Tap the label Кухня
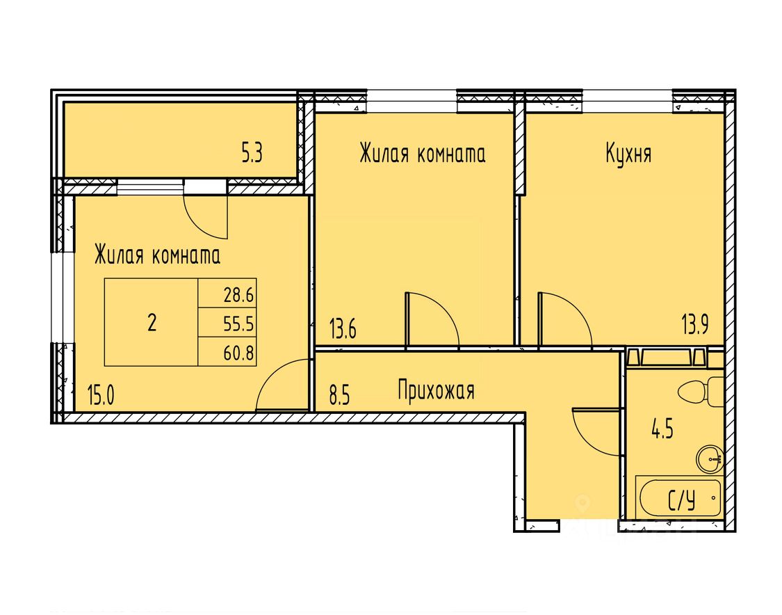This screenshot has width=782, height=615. (628, 154)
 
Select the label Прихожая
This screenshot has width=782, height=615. (436, 390)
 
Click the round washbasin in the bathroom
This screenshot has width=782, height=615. (710, 457)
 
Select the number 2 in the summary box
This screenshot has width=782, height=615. (152, 323)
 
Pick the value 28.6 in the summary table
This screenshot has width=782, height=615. (239, 294)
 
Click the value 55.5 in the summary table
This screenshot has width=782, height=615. (239, 324)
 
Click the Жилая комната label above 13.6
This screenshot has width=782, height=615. (422, 154)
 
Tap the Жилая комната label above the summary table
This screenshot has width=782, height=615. (157, 255)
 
